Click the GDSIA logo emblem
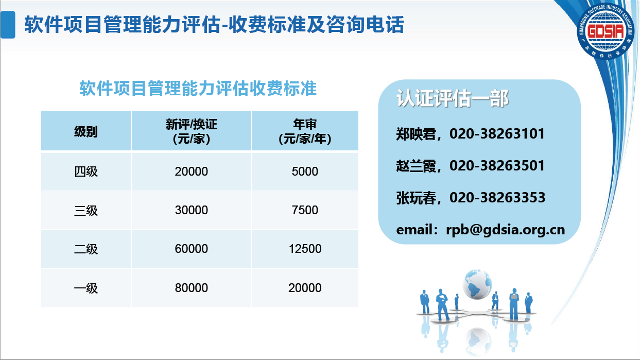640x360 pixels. [606, 31]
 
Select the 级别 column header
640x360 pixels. [85, 131]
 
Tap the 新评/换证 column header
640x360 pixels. [191, 131]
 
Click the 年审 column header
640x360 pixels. [305, 131]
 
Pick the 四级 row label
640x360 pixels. [85, 172]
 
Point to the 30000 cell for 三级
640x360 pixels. [191, 210]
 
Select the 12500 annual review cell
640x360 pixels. [305, 249]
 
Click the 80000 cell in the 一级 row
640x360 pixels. [191, 288]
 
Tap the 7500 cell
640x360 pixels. [305, 210]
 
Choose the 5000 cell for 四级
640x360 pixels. [305, 172]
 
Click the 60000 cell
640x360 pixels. [191, 249]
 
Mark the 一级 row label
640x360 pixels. [85, 288]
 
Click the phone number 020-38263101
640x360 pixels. [497, 134]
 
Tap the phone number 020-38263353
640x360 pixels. [497, 197]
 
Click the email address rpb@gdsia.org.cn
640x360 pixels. [506, 230]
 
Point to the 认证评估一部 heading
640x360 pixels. [452, 98]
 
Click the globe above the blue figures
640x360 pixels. [477, 284]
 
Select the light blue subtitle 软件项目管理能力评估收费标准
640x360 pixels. [198, 88]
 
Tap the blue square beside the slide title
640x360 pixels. [8, 25]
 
